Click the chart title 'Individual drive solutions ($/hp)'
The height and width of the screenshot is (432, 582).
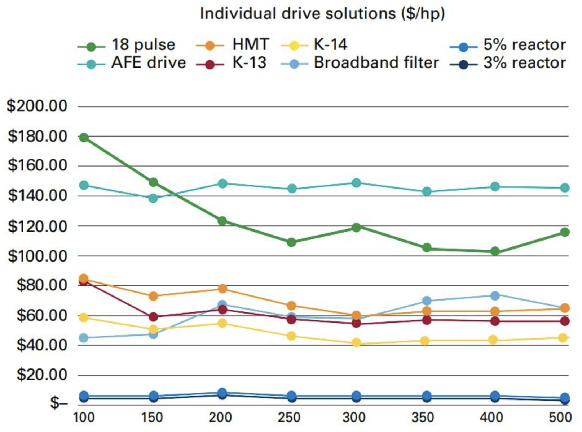(322, 14)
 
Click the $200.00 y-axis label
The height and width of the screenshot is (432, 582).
(37, 106)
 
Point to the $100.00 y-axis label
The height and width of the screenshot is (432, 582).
(37, 256)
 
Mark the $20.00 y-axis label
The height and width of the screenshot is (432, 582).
(42, 375)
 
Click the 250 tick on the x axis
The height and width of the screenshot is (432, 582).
(289, 418)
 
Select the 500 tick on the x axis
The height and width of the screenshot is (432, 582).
(560, 418)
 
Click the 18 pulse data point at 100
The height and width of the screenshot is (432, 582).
(84, 137)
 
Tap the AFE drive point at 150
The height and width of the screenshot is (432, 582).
(153, 198)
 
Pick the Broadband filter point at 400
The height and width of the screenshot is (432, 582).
(495, 295)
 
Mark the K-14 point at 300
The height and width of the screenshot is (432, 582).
(356, 342)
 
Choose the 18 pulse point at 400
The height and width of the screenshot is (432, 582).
(495, 251)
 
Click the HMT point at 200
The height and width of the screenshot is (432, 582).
(222, 289)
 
